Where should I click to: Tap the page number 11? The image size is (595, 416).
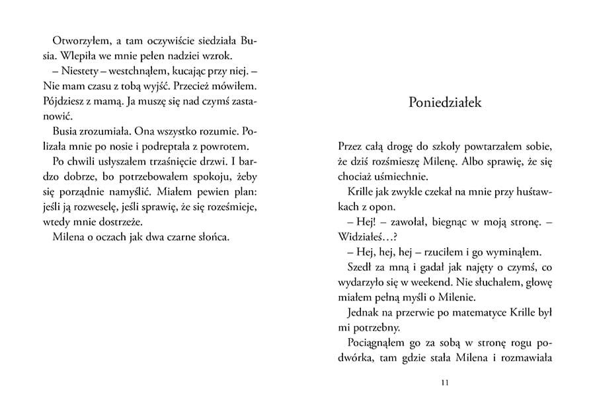[444, 382]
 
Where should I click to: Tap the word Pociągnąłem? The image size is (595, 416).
[377, 343]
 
